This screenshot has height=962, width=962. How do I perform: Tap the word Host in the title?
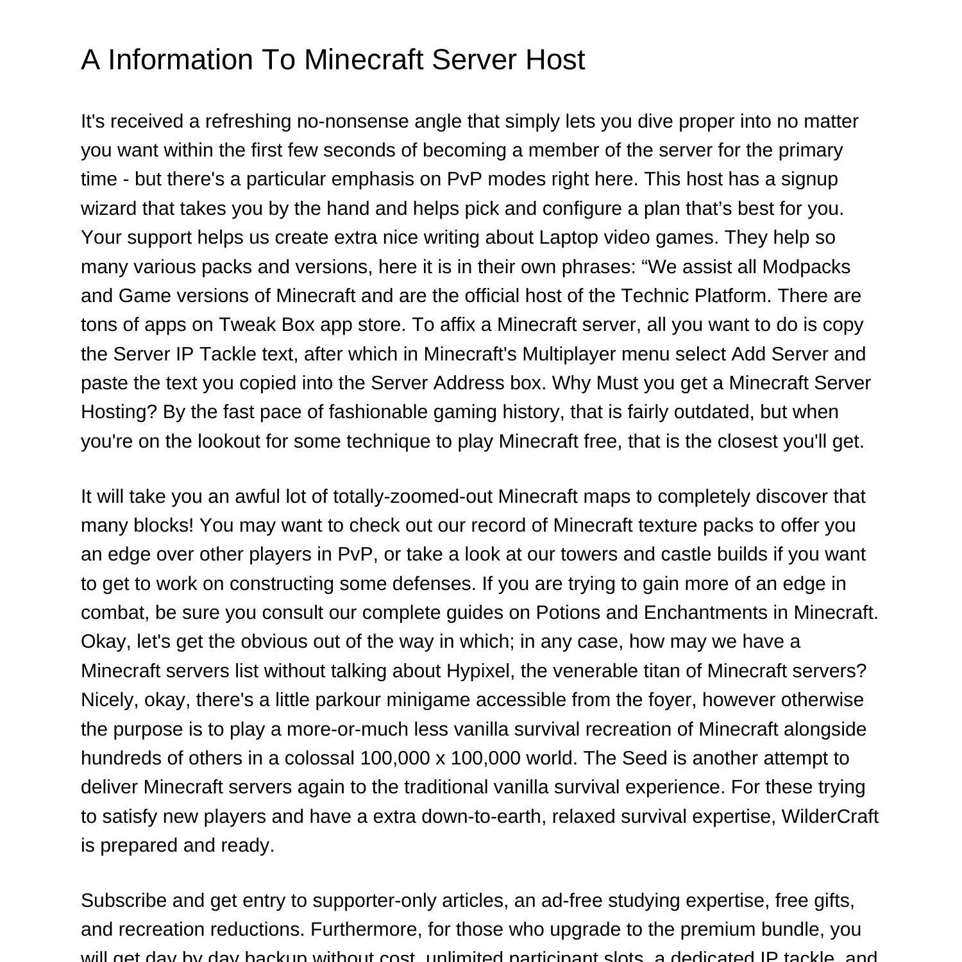(x=555, y=60)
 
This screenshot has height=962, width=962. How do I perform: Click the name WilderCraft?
(x=829, y=816)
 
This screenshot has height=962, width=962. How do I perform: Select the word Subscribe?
(x=123, y=900)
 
